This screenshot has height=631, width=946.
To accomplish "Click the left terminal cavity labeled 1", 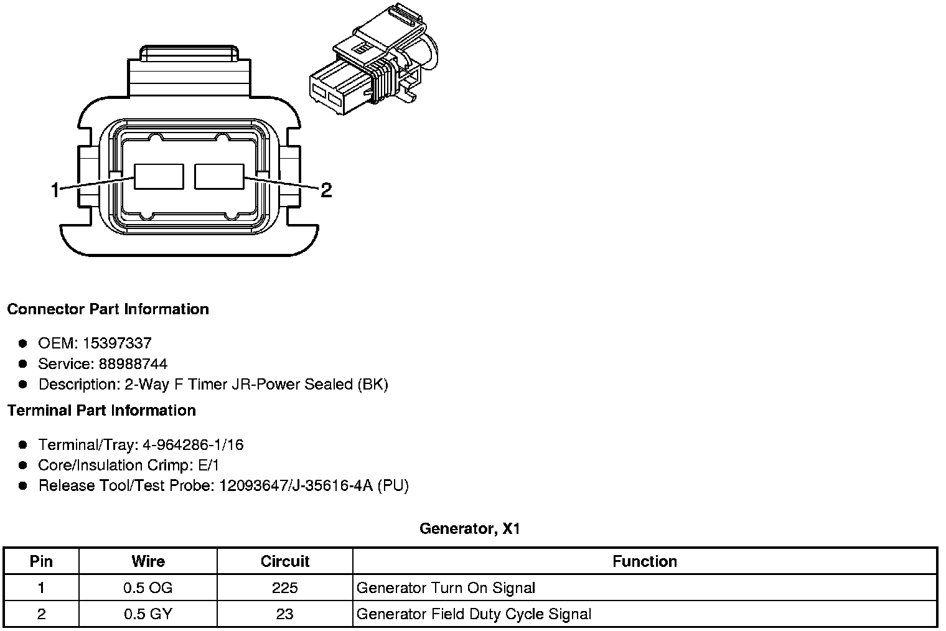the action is tap(159, 177).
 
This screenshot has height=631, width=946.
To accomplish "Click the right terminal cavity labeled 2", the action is tap(219, 176).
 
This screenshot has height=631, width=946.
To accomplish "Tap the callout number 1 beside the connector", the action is tap(55, 190).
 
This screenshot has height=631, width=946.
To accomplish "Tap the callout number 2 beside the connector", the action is tap(325, 190).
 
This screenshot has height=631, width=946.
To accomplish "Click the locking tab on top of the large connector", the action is tap(190, 54).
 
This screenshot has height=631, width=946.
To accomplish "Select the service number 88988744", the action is tap(133, 363).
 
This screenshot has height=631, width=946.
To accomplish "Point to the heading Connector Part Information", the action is tap(108, 309).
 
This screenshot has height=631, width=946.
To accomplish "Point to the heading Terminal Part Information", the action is tap(101, 411).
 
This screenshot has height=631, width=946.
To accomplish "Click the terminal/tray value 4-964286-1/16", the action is tap(193, 445).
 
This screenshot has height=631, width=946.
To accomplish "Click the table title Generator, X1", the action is tap(469, 529).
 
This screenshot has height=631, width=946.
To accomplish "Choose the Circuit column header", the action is tap(284, 561).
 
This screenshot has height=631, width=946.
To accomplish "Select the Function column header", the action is tap(644, 561).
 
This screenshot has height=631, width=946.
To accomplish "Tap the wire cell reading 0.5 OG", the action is tap(148, 588).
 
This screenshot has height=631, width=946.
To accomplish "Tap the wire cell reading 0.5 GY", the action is tap(148, 614).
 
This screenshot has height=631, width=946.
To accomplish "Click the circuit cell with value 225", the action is tap(284, 588).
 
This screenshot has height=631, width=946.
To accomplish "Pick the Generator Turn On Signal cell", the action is tap(446, 588).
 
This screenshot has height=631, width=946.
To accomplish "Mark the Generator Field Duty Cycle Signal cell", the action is tap(474, 614).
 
